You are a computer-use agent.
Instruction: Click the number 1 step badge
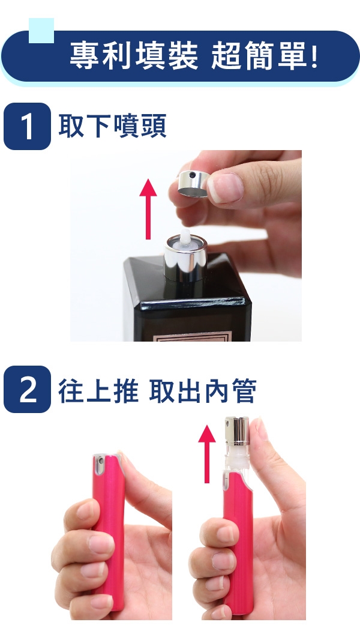27,126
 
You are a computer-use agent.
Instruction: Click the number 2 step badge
27,390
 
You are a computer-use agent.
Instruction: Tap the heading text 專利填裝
134,56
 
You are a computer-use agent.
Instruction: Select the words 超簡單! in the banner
265,56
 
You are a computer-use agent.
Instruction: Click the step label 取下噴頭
112,126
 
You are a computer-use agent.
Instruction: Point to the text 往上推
98,391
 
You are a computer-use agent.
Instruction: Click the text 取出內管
203,391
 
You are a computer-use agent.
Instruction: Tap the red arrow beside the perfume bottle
148,209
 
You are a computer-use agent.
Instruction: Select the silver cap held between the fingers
194,184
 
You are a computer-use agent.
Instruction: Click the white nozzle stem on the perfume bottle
185,237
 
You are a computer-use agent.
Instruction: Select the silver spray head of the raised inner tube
237,430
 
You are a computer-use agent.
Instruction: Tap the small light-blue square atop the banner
41,31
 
